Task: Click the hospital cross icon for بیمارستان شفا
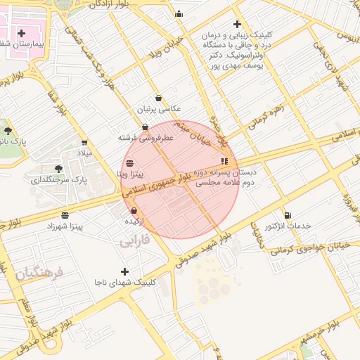pos(22,33)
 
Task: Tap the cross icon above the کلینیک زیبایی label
pos(237,24)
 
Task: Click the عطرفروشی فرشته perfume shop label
pos(146,139)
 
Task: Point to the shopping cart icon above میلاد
pos(84,142)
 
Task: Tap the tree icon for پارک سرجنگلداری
pos(58,169)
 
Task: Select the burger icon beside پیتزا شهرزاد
pos(65,215)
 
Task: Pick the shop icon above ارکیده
pos(134,210)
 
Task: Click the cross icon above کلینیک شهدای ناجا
pos(125,271)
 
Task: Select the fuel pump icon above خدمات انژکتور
pos(287,215)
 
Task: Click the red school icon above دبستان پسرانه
pos(224,161)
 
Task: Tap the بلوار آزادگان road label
pos(117,5)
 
